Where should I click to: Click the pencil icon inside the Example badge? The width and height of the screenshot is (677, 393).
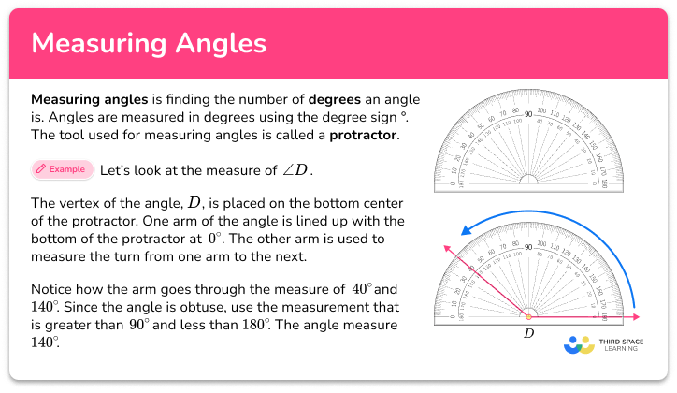tap(41, 169)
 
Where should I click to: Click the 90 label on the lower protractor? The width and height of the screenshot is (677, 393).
tap(529, 247)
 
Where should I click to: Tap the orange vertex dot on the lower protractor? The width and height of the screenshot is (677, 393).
tap(529, 318)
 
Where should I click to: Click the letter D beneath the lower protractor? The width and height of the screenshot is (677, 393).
tap(529, 334)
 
